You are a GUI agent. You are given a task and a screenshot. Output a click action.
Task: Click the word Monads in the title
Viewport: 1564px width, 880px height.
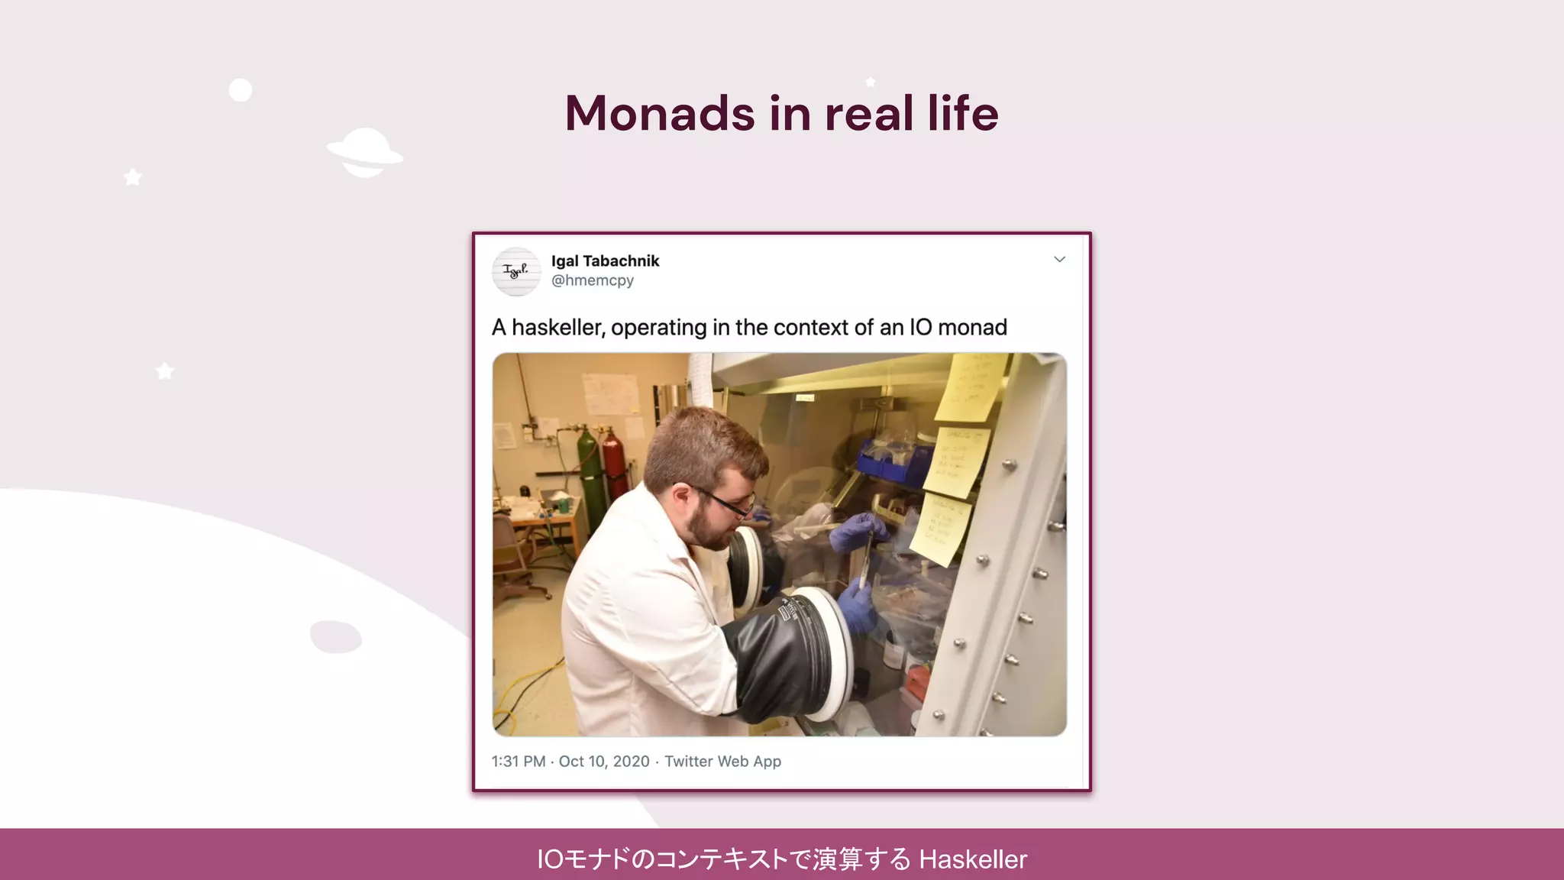[x=660, y=113]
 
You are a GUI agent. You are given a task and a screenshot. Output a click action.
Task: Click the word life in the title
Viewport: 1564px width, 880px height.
[x=962, y=113]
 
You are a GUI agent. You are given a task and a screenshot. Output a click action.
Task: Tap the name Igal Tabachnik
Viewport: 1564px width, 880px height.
[x=605, y=261]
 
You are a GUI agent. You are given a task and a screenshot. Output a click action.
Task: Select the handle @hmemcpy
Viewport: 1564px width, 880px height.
[x=593, y=280]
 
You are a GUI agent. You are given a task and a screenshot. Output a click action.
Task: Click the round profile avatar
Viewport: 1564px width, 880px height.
[x=516, y=271]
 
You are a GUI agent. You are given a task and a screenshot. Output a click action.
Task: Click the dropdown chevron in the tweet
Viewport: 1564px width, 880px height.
[x=1059, y=260]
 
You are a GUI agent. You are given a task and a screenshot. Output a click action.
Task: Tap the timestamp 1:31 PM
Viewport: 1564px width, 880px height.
[x=519, y=762]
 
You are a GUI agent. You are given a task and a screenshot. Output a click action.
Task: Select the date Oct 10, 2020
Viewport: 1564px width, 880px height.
[x=604, y=762]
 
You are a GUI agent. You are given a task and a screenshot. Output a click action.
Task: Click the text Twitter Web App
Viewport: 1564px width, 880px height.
[x=722, y=762]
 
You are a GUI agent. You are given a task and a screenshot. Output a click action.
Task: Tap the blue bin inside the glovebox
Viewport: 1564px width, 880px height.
[x=890, y=458]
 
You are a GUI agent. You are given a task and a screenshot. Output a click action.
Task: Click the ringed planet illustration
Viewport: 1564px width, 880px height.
[x=365, y=152]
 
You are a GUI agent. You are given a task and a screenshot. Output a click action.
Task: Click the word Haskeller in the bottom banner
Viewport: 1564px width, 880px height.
[x=973, y=859]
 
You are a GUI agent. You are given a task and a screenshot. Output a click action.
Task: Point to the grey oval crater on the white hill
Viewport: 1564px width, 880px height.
[x=336, y=636]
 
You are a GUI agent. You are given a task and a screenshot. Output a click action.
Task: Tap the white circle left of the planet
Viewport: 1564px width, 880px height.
[x=241, y=90]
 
